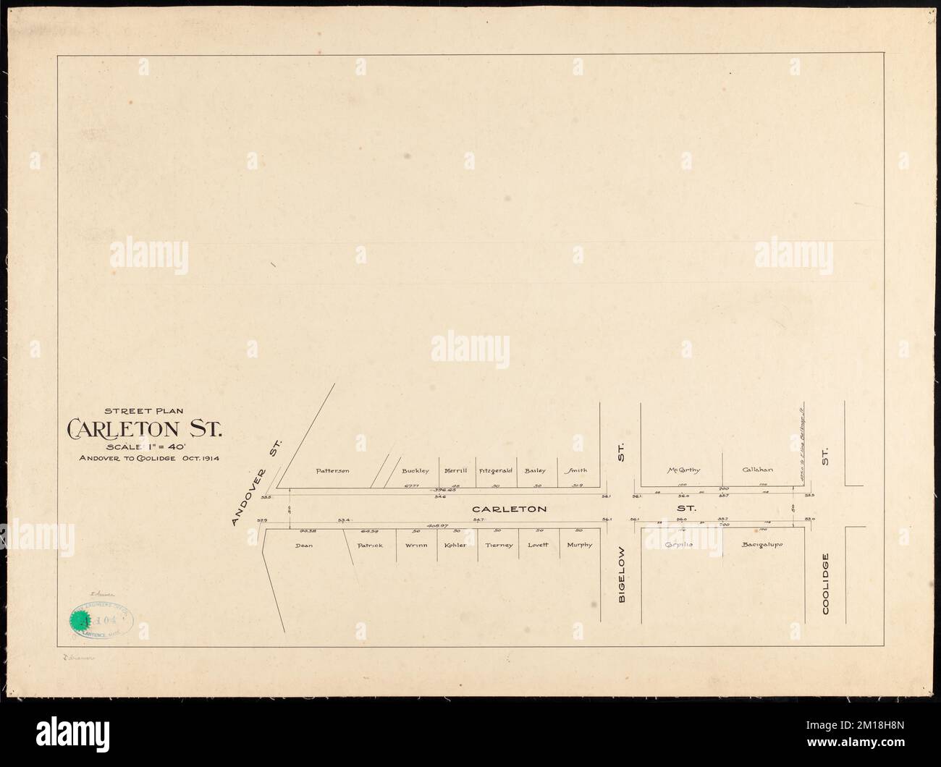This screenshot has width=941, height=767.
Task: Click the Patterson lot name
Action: (x=333, y=471)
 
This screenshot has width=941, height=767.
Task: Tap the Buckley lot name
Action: (x=415, y=471)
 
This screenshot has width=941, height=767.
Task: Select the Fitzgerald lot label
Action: (x=496, y=471)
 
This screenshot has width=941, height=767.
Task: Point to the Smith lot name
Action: (x=577, y=471)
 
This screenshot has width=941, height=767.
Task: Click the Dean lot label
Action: (x=303, y=545)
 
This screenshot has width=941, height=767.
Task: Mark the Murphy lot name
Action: (x=579, y=545)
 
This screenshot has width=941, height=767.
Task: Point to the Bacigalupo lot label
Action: (x=762, y=543)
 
